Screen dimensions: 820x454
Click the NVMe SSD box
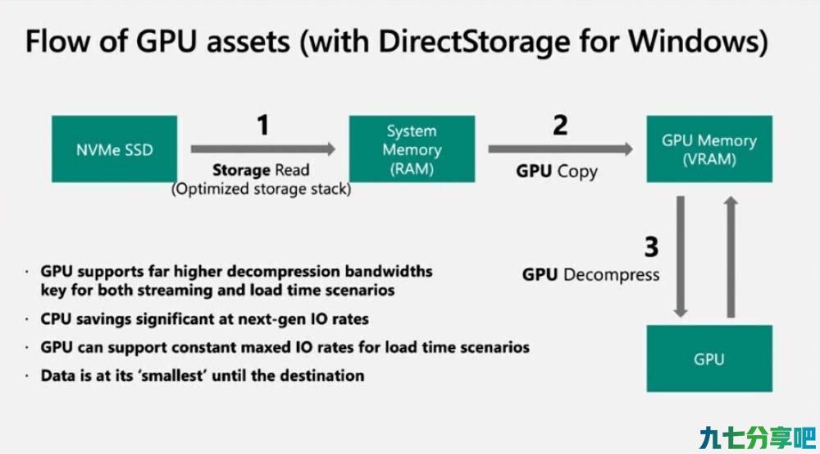coord(114,149)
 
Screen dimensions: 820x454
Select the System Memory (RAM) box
coord(412,149)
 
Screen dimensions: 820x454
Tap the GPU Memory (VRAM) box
coord(709,149)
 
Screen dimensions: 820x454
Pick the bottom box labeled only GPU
coord(709,359)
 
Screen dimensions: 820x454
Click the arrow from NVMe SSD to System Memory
coord(263,149)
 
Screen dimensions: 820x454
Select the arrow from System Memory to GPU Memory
coord(560,149)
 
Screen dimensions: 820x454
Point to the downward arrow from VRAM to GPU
coord(681,257)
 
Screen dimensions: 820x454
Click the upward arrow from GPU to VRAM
coord(731,257)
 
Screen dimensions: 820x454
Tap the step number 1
coord(263,125)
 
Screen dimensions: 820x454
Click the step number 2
coord(560,125)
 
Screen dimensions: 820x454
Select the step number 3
coord(651,247)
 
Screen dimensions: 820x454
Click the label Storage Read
coord(261,170)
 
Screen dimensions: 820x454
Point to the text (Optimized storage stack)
coord(262,189)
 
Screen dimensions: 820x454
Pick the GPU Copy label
coord(557,172)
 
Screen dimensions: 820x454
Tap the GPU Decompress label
coord(591,275)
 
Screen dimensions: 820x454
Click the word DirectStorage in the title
coord(474,41)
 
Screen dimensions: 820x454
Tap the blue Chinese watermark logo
coord(757,438)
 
